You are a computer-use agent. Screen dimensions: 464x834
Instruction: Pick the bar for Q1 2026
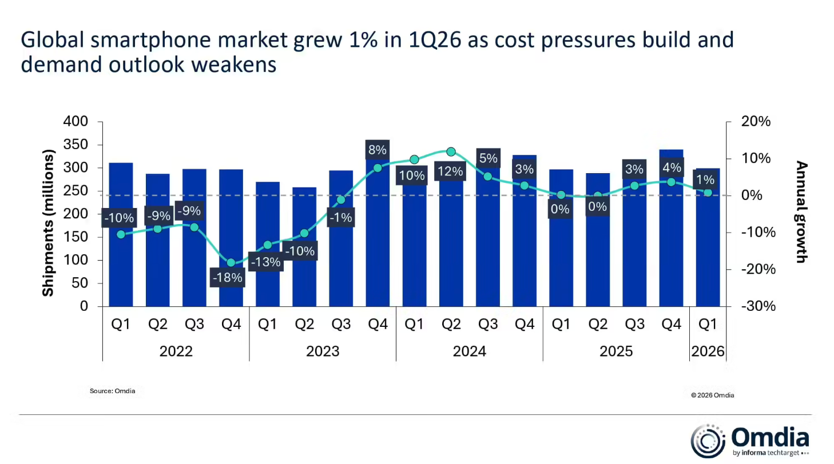708,251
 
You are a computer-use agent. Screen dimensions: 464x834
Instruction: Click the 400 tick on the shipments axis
76,122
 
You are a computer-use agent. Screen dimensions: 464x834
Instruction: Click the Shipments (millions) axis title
48,223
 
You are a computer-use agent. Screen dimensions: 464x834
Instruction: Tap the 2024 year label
469,351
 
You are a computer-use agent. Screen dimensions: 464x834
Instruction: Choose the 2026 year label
708,351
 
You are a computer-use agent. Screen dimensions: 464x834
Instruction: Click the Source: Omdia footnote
112,391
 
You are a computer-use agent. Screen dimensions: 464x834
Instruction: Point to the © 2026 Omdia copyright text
712,395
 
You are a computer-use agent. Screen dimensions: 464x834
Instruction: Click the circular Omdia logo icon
708,441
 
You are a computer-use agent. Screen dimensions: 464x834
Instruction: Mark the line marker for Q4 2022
231,263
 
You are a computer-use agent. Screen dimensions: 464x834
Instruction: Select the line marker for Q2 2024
451,152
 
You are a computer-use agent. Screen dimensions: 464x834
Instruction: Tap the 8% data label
378,150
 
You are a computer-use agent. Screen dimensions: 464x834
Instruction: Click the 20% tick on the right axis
756,122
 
